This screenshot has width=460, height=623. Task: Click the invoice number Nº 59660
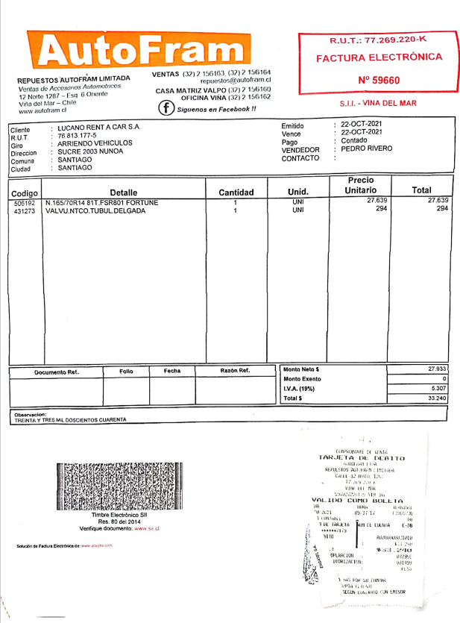[x=379, y=81]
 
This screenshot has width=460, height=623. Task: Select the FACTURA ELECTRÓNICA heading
[x=379, y=57]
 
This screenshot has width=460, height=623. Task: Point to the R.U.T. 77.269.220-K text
[x=378, y=40]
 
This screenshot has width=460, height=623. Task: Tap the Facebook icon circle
[x=166, y=108]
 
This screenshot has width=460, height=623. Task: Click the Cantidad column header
[x=236, y=192]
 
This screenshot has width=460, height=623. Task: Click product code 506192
[x=25, y=202]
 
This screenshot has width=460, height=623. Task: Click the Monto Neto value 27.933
[x=437, y=369]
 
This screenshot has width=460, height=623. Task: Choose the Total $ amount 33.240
[x=437, y=399]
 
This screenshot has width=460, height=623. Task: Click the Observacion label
[x=31, y=414]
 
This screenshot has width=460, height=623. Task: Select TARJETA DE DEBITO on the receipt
[x=361, y=457]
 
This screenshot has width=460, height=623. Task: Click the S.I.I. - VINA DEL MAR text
[x=379, y=103]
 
